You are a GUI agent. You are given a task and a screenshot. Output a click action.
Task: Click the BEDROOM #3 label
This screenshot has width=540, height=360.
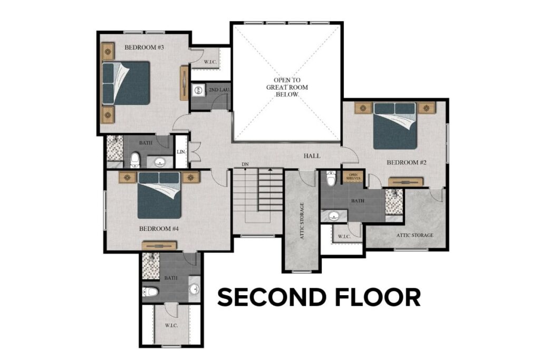click(144, 47)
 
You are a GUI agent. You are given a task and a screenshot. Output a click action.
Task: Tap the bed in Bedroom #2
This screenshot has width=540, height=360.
click(396, 127)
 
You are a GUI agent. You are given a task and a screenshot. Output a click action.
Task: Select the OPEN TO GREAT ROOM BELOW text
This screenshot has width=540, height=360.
click(287, 87)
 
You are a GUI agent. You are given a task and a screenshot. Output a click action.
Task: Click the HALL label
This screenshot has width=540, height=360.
click(312, 156)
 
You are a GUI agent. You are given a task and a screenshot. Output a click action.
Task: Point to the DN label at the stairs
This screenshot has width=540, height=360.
click(245, 164)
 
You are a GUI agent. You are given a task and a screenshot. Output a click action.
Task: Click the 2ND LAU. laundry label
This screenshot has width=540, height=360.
click(218, 91)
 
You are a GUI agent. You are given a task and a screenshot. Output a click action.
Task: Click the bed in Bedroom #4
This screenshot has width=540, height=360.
click(159, 195)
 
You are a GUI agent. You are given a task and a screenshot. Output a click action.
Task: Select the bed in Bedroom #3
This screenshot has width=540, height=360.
click(126, 83)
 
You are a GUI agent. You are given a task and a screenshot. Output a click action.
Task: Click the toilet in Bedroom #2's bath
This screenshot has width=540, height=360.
click(331, 179)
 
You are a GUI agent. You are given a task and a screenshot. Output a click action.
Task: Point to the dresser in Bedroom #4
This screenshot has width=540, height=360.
click(159, 245)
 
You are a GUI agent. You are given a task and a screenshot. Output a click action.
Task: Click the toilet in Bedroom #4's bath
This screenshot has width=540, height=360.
click(151, 291)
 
